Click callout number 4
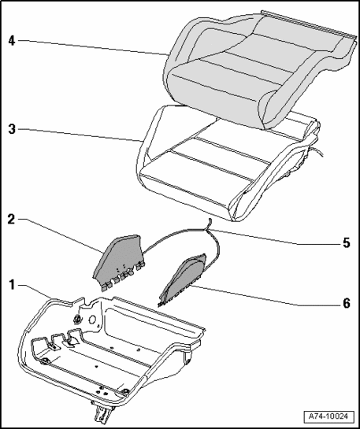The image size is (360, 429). tap(12, 41)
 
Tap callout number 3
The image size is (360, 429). tap(12, 129)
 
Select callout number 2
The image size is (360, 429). tap(11, 219)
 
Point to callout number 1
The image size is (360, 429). tap(12, 285)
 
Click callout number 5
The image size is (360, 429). tap(347, 243)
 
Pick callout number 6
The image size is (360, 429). tap(347, 303)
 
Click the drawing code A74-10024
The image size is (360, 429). tap(328, 416)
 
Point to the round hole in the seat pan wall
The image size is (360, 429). tap(92, 320)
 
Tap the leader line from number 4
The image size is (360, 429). tap(92, 48)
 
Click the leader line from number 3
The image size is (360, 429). tap(80, 135)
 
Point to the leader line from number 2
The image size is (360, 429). tap(61, 235)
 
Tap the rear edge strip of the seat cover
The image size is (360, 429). tap(309, 24)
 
